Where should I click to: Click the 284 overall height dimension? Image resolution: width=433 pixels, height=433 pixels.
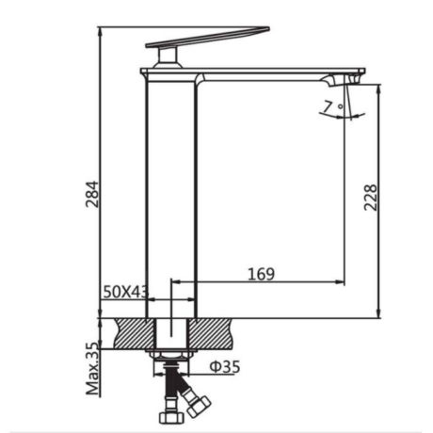tap(92, 194)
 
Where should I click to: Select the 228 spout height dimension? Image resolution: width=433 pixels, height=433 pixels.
tap(371, 198)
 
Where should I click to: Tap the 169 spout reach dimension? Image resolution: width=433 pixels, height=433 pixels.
tap(261, 274)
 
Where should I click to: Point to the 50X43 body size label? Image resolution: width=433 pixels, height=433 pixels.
tap(125, 292)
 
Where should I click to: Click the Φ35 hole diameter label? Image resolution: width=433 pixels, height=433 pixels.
tap(225, 366)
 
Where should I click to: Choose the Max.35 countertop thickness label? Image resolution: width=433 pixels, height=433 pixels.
tap(93, 370)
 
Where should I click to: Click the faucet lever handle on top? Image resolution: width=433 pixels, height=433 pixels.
tap(207, 38)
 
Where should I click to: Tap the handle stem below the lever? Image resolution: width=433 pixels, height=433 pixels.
tap(168, 57)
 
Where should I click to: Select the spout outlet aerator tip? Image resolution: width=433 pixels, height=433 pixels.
tap(355, 79)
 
